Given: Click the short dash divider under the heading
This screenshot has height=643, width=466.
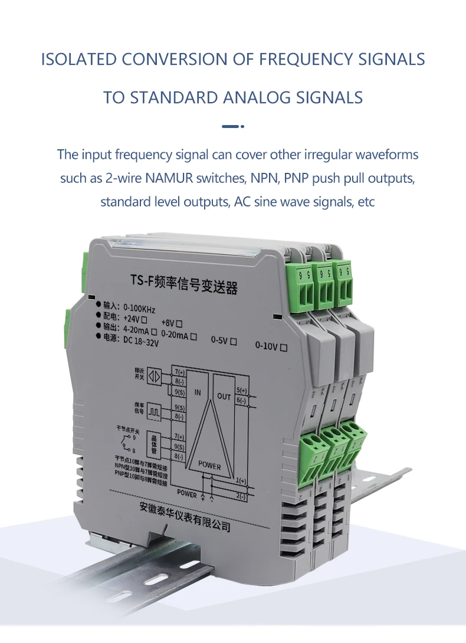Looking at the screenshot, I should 232,126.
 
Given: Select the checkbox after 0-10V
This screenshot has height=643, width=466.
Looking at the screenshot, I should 284,347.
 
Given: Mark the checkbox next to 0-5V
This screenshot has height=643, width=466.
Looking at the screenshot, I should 234,341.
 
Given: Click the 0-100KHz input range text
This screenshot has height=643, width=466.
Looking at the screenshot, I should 140,307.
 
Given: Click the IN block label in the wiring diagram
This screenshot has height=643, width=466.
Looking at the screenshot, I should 198,392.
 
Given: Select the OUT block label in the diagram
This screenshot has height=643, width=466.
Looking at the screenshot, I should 224,396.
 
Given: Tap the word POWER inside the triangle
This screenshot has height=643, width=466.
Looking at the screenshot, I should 209,465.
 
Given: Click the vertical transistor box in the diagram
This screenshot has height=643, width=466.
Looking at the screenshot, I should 155,445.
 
